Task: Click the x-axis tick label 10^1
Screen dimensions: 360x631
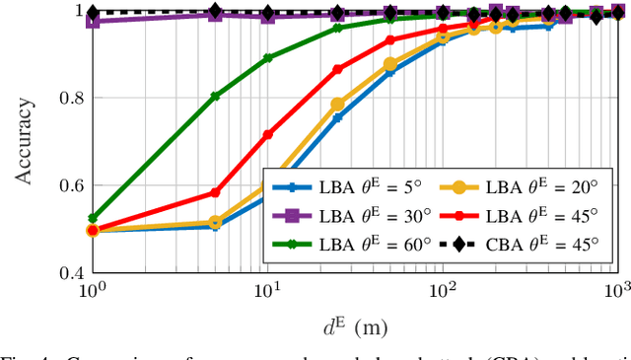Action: tap(266, 291)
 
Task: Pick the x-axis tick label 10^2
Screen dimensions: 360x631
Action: tap(442, 291)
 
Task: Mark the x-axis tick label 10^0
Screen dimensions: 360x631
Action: tap(93, 291)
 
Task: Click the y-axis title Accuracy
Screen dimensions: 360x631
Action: tap(25, 142)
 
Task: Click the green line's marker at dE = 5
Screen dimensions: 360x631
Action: tap(215, 97)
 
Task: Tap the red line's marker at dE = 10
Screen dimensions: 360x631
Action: tap(267, 134)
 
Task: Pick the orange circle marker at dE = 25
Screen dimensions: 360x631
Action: tap(337, 104)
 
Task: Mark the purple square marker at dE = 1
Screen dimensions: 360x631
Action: tap(93, 20)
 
